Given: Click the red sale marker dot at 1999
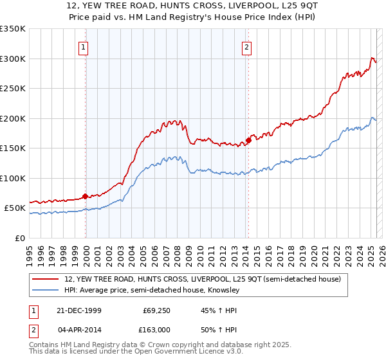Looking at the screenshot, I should (x=85, y=197).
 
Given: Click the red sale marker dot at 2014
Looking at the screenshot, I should (x=248, y=141).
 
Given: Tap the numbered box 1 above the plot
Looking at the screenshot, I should (x=85, y=46).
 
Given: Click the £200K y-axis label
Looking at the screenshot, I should (x=13, y=118).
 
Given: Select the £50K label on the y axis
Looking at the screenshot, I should (x=15, y=208).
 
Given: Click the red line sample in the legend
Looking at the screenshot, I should (x=46, y=279).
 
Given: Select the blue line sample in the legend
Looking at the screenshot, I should (x=46, y=291).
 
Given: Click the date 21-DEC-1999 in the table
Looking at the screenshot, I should (x=79, y=311).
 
